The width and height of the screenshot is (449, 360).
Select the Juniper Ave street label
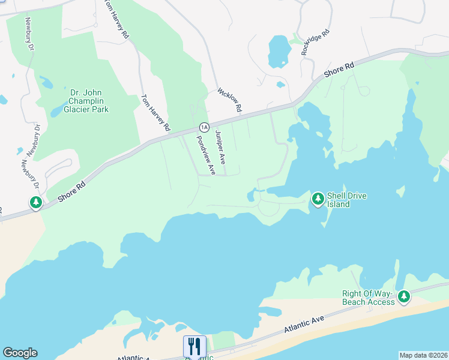click(x=220, y=148)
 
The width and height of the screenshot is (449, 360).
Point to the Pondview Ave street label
click(x=205, y=155)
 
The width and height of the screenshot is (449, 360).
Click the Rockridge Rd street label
click(x=316, y=41)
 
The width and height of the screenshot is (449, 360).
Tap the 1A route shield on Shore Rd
click(x=204, y=127)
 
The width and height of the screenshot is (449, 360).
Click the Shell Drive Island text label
click(x=346, y=200)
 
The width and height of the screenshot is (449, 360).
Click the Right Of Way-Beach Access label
click(x=369, y=298)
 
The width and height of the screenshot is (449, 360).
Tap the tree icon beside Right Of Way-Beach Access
click(x=404, y=296)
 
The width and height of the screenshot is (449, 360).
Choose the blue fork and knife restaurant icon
click(x=194, y=346)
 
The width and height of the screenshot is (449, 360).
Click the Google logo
click(x=20, y=353)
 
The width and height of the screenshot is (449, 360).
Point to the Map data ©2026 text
click(x=423, y=355)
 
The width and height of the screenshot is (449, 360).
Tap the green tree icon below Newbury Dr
click(x=36, y=203)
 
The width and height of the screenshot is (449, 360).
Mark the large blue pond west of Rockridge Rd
click(x=279, y=51)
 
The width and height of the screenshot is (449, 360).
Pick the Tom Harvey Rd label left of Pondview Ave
click(x=155, y=112)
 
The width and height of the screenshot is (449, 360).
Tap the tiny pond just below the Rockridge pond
click(x=281, y=85)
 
